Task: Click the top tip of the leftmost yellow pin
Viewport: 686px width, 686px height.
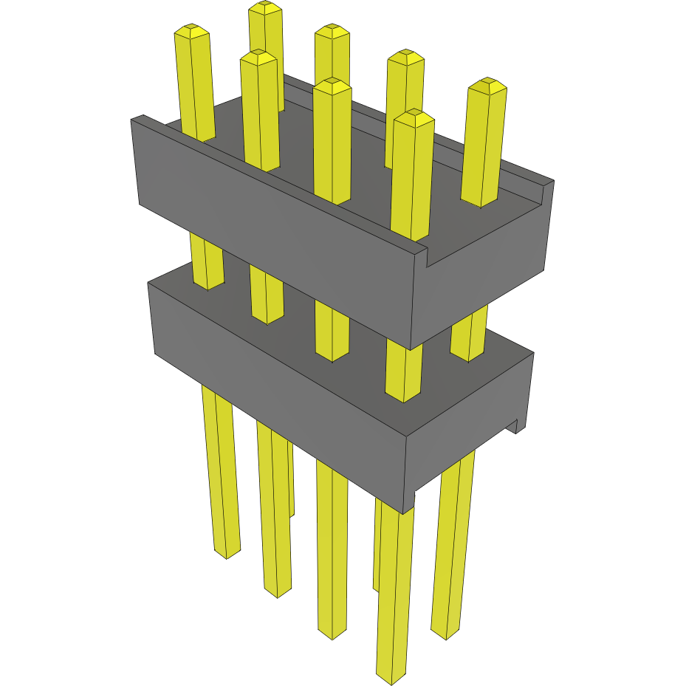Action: (191, 30)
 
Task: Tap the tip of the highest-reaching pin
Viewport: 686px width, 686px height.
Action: (265, 7)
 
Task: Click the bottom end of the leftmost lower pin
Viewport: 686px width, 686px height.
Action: (227, 552)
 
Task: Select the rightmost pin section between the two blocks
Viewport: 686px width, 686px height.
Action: (469, 336)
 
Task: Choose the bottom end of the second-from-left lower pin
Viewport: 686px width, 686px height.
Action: (277, 592)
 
